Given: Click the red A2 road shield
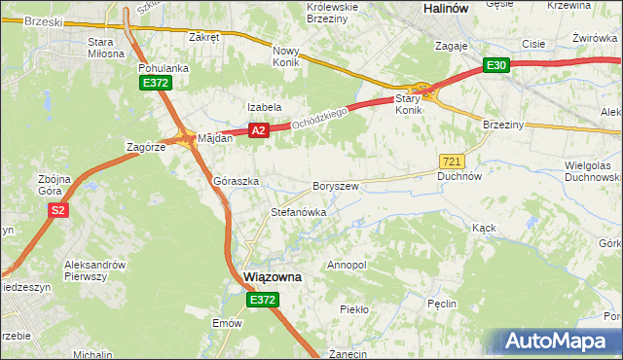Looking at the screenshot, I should coord(258,129).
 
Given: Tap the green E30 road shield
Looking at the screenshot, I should coord(496,65).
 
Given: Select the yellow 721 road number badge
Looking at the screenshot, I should coord(451,161).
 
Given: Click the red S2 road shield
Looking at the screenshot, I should coord(58,210).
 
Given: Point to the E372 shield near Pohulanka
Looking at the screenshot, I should coord(156,84).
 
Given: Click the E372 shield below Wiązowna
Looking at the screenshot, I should coord(262,301).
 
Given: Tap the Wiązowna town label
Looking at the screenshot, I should coord(272,277).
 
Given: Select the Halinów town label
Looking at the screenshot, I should coord(449,8).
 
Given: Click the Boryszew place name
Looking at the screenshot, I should coord(336,186).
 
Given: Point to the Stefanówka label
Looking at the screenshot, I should coord(298,211).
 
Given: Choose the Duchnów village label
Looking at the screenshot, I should coord(460,177).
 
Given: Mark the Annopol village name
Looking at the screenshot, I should coord(347,265).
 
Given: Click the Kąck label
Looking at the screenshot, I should coord(484,228).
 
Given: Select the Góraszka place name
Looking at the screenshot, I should coord(236,182).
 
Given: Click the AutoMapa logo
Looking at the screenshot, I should coord(558,342).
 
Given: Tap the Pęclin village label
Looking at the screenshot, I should coord(442,304).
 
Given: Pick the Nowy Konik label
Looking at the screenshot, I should coord(286,55).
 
